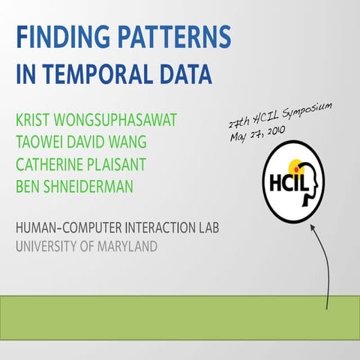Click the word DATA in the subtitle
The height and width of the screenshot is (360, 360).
click(184, 73)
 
